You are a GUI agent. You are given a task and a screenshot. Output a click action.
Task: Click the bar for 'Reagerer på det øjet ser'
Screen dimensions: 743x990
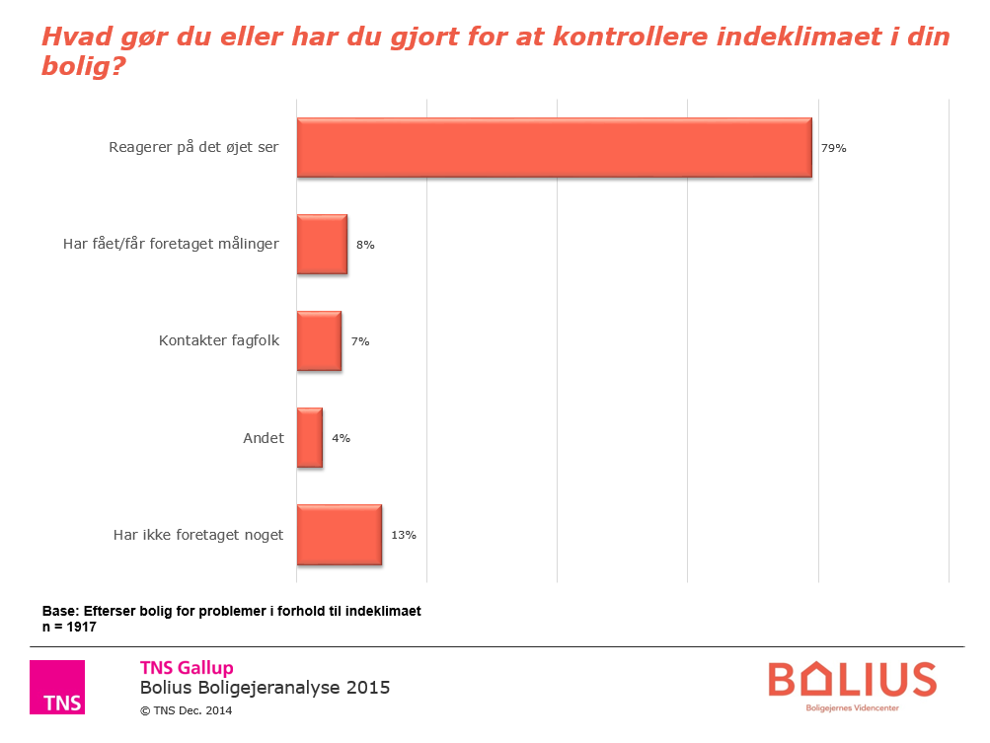pos(554,148)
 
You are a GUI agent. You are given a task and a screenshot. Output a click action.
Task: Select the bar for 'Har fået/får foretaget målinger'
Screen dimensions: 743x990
pos(322,244)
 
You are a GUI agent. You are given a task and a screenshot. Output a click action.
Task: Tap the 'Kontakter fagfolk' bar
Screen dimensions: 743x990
pos(319,340)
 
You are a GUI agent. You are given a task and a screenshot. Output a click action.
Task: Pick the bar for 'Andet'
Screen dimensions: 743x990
pos(310,437)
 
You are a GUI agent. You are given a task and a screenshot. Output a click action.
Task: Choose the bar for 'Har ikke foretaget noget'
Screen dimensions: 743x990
pos(339,535)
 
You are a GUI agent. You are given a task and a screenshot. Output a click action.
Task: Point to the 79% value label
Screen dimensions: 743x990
pos(834,148)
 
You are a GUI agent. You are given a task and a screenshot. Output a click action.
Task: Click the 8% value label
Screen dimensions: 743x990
pos(365,245)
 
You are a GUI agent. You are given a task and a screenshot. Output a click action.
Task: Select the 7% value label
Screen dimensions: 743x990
pos(360,341)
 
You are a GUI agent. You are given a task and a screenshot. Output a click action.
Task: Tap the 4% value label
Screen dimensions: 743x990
pos(342,438)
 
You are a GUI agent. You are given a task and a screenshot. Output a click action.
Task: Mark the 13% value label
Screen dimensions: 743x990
pos(404,535)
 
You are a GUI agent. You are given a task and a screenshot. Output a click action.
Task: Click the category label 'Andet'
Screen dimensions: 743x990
pos(264,438)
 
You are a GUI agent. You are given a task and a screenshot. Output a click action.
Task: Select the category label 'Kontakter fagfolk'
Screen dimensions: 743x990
pos(219,341)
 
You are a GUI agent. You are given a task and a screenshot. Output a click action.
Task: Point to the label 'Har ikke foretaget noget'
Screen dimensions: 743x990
pos(198,535)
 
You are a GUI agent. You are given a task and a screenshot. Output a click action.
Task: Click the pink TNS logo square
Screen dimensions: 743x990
pos(57,687)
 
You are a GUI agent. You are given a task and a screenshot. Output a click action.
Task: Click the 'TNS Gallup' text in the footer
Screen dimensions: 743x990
pos(187,668)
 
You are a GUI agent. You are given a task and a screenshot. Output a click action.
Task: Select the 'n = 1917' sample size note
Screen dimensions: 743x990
pos(69,627)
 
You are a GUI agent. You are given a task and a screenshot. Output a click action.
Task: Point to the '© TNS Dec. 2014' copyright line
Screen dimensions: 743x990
pos(188,709)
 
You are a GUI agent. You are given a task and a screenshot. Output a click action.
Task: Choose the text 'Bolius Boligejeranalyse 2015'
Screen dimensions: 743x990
pos(265,688)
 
